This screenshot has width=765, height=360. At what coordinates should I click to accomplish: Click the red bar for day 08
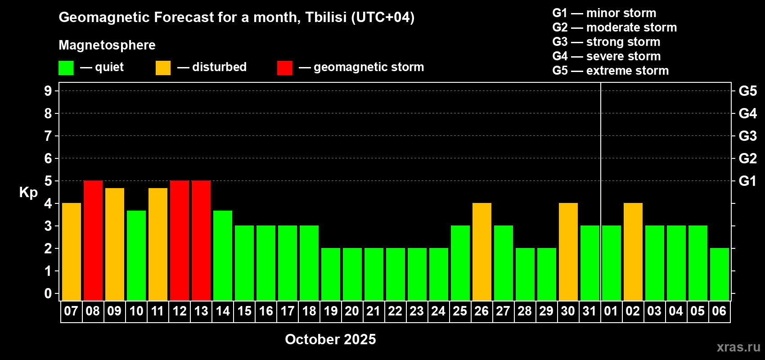click(93, 240)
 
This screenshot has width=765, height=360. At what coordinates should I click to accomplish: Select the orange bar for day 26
click(482, 252)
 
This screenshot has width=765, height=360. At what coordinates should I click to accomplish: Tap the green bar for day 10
click(136, 256)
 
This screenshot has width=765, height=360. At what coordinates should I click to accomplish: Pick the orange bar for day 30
click(568, 252)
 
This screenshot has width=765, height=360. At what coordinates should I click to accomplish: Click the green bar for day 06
click(720, 274)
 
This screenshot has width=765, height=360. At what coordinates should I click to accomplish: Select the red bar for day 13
click(201, 240)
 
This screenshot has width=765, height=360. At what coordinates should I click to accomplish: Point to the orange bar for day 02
click(633, 252)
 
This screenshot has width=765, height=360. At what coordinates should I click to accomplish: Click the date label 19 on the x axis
click(331, 311)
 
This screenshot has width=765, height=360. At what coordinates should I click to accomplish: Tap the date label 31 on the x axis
click(589, 311)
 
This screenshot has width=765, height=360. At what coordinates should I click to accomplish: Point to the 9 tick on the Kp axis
click(48, 91)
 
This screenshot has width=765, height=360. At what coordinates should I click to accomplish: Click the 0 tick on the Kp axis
click(48, 293)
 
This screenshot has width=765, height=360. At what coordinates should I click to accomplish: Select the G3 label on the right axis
click(748, 136)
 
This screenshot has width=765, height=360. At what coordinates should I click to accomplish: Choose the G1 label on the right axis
click(748, 181)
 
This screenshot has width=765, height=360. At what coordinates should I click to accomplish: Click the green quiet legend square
click(66, 67)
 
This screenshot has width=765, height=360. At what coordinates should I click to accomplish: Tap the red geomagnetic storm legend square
click(285, 67)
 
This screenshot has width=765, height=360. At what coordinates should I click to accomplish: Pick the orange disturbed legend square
click(163, 67)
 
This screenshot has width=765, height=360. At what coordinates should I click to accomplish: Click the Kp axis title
click(28, 193)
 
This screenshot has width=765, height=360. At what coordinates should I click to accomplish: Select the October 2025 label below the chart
click(330, 339)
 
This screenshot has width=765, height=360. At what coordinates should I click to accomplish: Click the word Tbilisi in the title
click(325, 17)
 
